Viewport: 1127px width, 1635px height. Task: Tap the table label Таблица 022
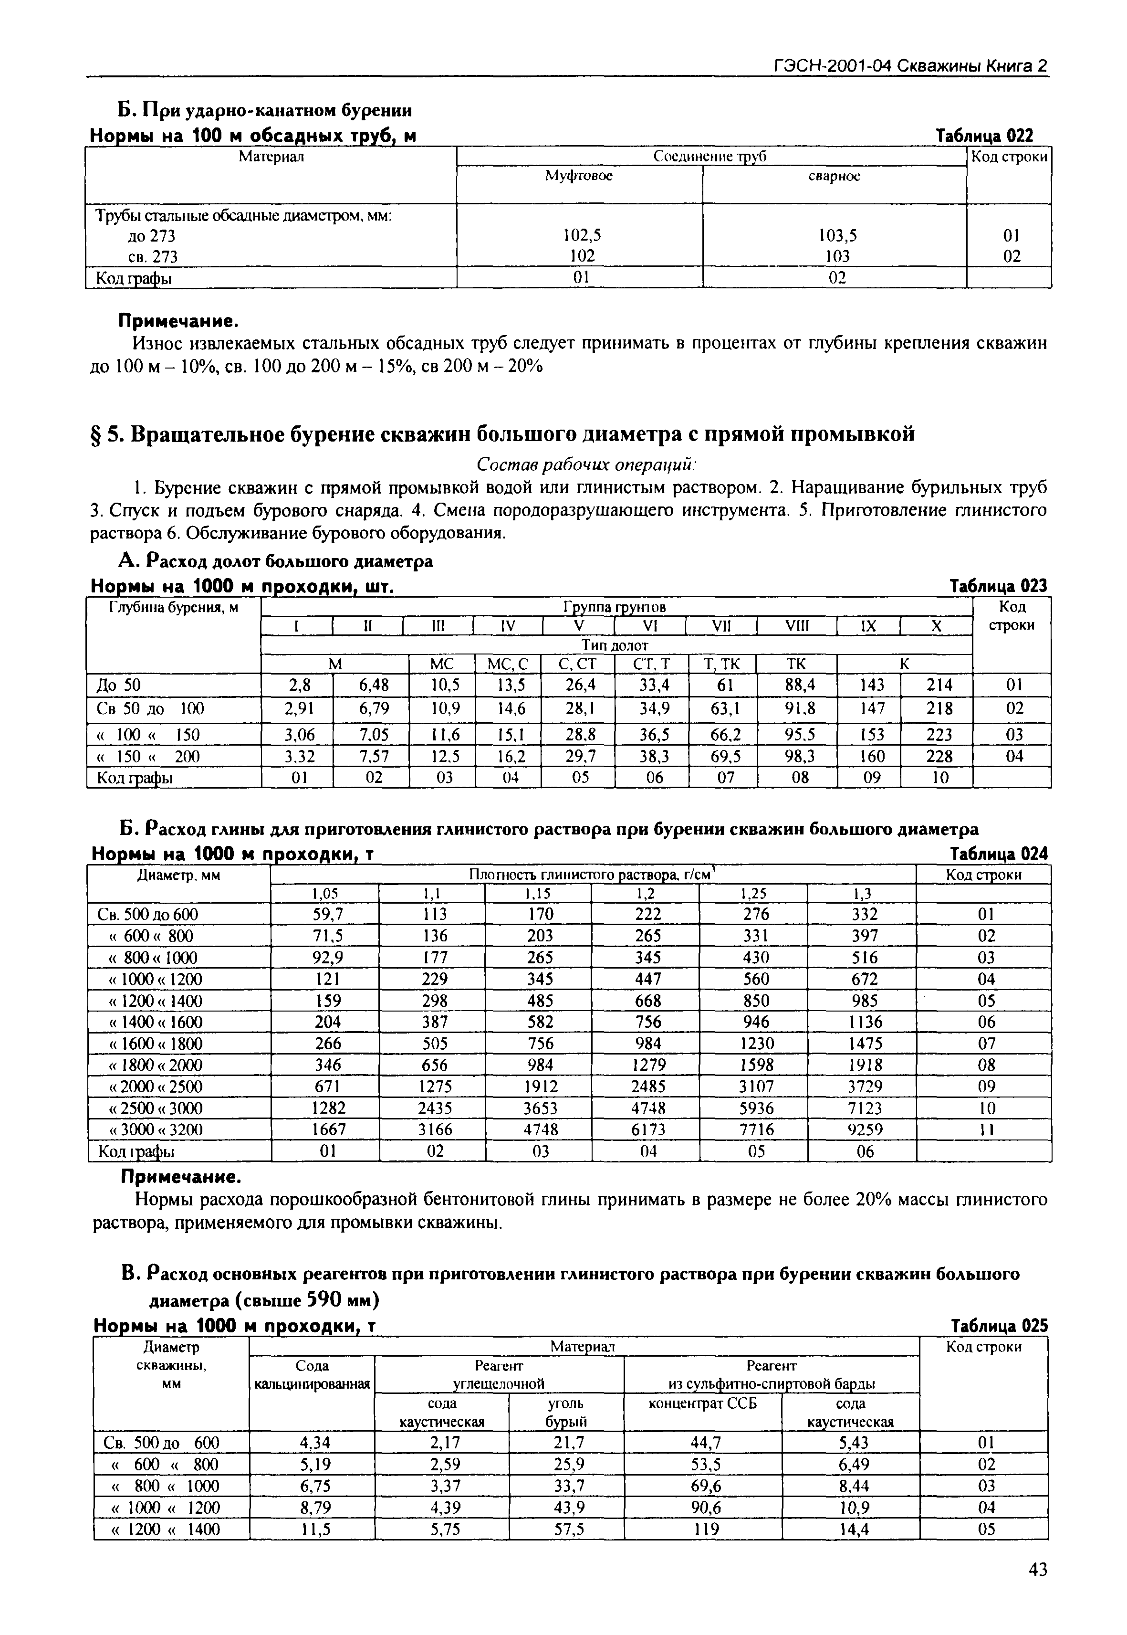(984, 135)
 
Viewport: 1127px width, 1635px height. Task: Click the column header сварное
(834, 177)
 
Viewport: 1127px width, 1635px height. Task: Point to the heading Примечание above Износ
(178, 321)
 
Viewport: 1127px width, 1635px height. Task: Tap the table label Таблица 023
(999, 586)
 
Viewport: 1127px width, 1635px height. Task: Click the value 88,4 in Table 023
(798, 685)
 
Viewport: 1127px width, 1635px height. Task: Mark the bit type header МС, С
(508, 664)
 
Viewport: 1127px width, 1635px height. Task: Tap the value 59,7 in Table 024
(327, 914)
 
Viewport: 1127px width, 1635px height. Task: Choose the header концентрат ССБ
(703, 1403)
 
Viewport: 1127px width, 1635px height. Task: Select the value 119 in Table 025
(705, 1530)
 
